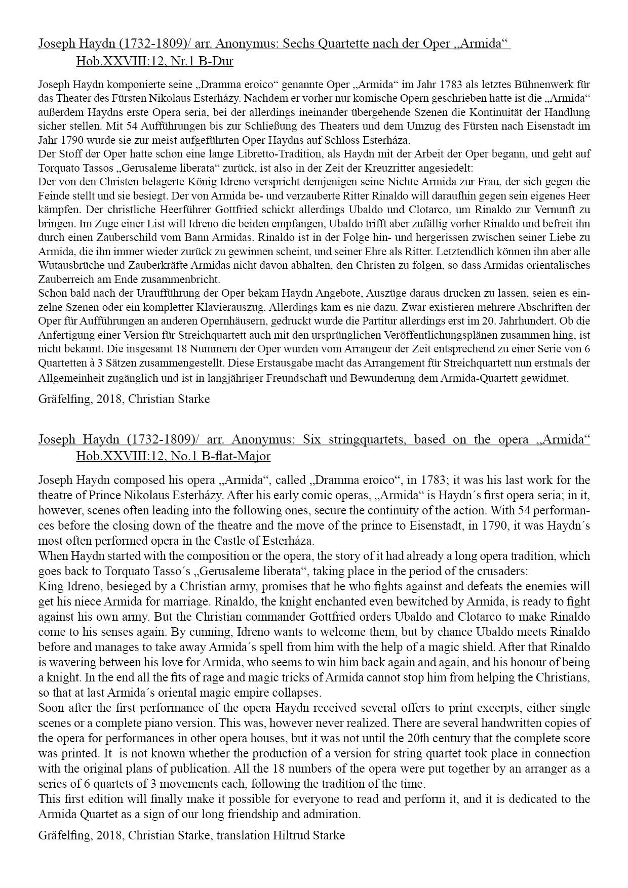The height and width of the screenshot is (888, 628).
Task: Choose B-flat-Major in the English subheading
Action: (x=236, y=456)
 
